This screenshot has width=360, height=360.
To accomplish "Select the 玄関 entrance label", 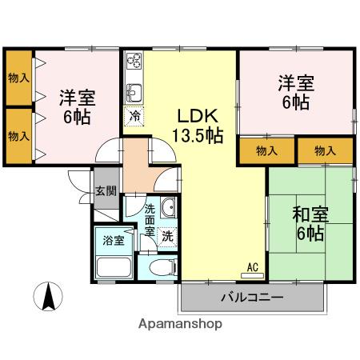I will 106,191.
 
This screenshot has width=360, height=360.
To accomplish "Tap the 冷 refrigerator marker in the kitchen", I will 134,114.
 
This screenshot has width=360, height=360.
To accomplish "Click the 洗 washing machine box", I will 167,237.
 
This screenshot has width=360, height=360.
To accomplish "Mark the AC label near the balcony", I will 252,267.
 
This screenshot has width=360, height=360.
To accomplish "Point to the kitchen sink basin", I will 134,90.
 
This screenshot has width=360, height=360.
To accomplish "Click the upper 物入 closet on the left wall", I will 18,78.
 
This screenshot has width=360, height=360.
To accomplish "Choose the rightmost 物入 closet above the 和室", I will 325,150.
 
